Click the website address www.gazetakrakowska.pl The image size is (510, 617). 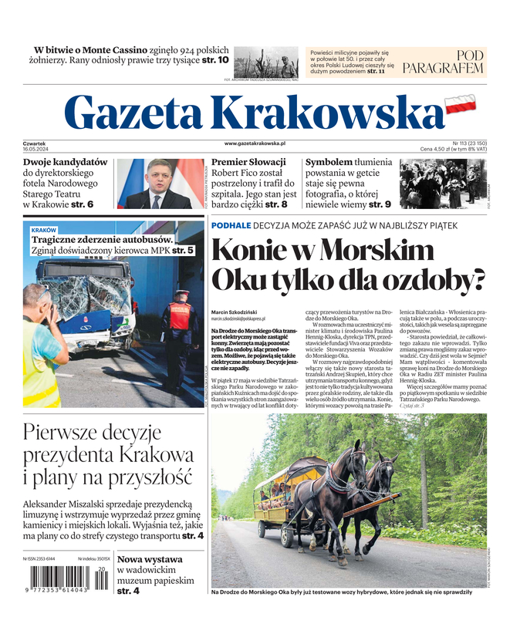point(255,143)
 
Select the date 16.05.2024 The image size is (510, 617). point(36,149)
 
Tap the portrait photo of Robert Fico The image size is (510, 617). point(160,184)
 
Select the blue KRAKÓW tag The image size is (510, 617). point(44,231)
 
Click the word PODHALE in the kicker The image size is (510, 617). point(231,225)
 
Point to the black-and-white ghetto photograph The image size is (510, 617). point(443,184)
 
